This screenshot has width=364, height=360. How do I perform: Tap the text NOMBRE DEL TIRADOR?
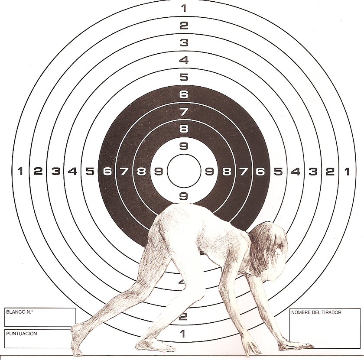click(x=316, y=312)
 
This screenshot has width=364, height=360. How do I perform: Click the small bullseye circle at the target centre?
click(x=184, y=171)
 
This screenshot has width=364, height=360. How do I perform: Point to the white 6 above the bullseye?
click(x=184, y=94)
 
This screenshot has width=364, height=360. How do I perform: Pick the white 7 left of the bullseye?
click(x=124, y=172)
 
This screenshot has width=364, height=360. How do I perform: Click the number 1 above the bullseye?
click(x=184, y=8)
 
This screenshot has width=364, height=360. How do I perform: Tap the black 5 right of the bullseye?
click(x=278, y=172)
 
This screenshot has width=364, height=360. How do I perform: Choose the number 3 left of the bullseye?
click(x=55, y=172)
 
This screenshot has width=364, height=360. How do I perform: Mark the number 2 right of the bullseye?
click(x=330, y=172)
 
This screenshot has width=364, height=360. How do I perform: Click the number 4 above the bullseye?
click(x=184, y=60)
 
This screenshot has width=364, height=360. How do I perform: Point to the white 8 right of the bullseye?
click(x=226, y=172)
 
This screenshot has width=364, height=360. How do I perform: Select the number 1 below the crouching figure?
click(x=182, y=334)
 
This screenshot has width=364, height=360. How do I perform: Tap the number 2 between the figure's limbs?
click(x=183, y=317)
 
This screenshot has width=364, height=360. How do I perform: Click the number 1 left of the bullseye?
click(x=20, y=172)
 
